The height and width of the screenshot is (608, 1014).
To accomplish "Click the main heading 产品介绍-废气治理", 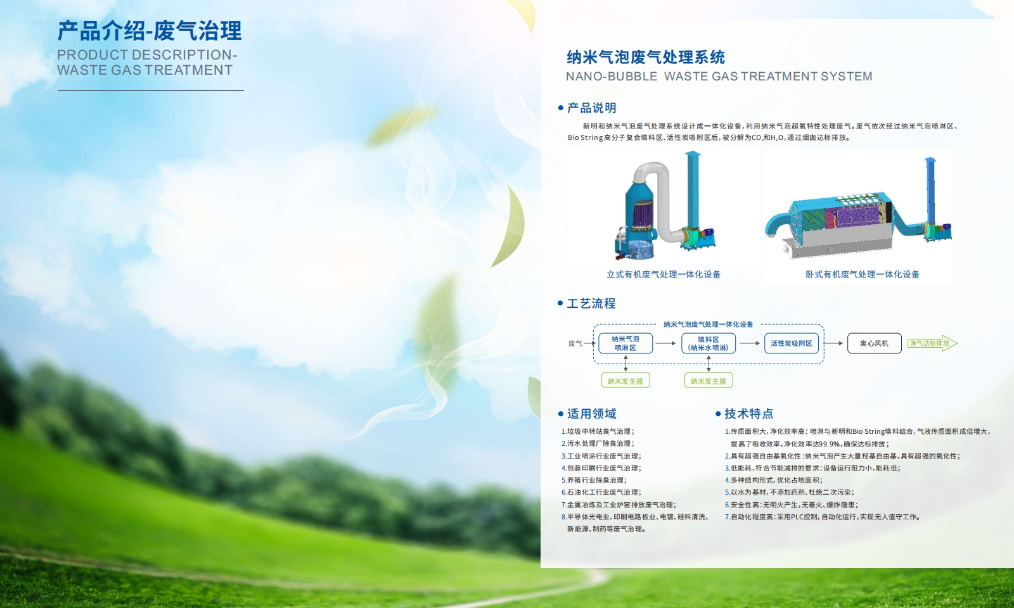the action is [x=150, y=31].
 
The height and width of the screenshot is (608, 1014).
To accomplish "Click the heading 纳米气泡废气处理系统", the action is [x=646, y=58].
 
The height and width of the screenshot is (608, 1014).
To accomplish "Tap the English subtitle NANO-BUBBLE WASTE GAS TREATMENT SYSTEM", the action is [x=719, y=77].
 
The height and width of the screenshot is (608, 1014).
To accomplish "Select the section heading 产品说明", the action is [x=592, y=108].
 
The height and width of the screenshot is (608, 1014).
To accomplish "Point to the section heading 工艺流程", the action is [x=591, y=303].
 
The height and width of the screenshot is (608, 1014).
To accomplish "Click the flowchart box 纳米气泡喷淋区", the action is [x=625, y=343].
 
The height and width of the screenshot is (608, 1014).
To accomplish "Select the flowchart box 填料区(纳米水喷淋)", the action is [x=709, y=343].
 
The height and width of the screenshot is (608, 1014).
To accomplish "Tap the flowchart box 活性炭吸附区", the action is [x=792, y=343].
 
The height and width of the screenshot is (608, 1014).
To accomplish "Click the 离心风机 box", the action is [x=874, y=343].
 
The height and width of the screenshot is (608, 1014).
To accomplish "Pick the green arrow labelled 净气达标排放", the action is [x=932, y=343].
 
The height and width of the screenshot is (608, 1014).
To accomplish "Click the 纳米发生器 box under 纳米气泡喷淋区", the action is [x=625, y=381].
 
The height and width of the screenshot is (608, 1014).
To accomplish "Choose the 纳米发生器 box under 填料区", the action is [x=709, y=381].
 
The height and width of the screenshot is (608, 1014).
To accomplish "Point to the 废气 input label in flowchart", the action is [x=575, y=343].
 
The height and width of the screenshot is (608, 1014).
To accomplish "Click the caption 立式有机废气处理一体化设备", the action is [x=664, y=274].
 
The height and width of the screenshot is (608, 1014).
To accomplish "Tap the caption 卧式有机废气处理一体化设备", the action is [x=863, y=274].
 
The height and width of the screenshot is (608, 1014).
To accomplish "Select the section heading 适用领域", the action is [x=592, y=414].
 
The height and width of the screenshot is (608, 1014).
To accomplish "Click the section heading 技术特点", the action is [x=748, y=414].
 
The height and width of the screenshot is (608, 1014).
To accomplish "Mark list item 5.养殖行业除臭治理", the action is [x=594, y=480].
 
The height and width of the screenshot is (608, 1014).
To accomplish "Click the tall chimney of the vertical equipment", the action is [x=693, y=190].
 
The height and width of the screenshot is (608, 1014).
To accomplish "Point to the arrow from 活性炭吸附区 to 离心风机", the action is [x=833, y=343].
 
